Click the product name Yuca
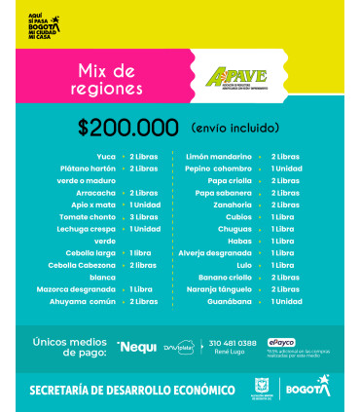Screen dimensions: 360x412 tap(104, 156)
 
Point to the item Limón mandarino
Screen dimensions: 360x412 tap(224, 156)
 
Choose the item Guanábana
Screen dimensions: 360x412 tap(235, 301)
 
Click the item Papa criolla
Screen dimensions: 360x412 tap(233, 180)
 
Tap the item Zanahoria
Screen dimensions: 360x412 tap(235, 205)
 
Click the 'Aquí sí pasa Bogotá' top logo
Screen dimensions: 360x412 tap(43, 23)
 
